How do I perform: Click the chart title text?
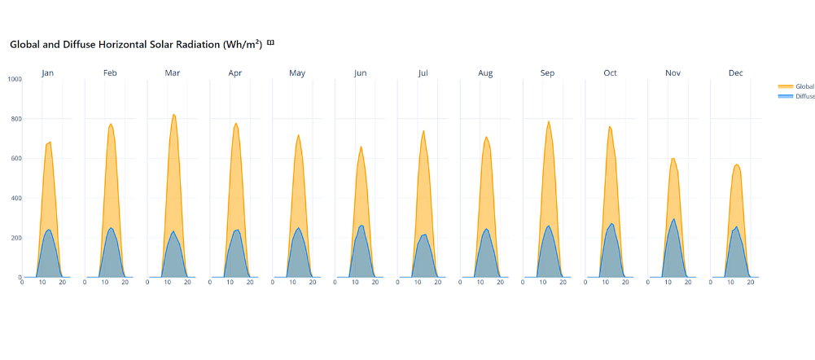136,45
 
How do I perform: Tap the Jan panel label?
48,73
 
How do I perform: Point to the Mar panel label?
173,73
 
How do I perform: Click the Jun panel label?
361,73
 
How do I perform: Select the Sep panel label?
548,73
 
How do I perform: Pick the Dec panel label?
736,73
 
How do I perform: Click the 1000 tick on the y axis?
14,80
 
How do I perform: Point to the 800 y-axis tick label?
15,119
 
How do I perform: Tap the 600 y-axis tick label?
15,159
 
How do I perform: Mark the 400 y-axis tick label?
15,198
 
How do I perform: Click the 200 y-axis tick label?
15,238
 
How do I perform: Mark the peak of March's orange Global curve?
173,115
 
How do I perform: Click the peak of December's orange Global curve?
737,165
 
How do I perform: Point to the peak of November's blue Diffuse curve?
673,219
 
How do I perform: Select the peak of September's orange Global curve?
549,121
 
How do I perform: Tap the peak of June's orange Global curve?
361,147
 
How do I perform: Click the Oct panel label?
611,73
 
